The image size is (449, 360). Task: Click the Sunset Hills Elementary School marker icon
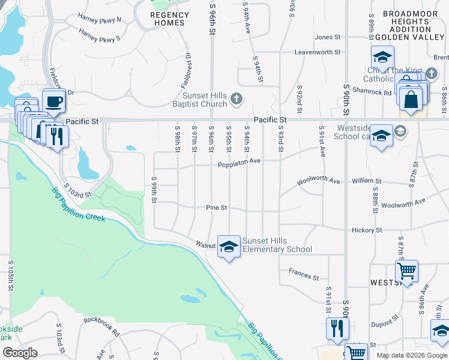click(x=228, y=246)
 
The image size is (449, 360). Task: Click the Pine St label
click(x=216, y=208)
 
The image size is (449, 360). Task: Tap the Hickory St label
click(x=367, y=230)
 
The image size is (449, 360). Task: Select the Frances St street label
click(x=303, y=275)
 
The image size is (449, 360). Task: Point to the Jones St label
click(x=327, y=37)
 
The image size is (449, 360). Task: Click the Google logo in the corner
click(x=20, y=353)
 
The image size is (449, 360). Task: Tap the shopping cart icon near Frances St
click(x=406, y=271)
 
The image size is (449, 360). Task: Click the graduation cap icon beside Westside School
click(x=381, y=135)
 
